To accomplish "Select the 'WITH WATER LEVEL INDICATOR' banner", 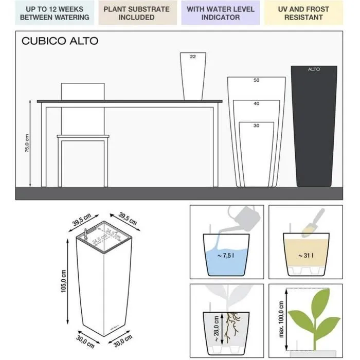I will click(220, 13).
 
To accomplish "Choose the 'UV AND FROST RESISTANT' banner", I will click(303, 13).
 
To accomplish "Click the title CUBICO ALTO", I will click(60, 41).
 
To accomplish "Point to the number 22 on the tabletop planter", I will click(193, 57).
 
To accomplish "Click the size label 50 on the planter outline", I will click(256, 81).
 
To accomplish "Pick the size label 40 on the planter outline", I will click(256, 103).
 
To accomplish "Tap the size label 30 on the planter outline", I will click(256, 125).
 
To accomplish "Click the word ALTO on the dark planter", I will click(314, 69).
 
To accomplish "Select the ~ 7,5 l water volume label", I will click(225, 255).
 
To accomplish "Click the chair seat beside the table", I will click(83, 137).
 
